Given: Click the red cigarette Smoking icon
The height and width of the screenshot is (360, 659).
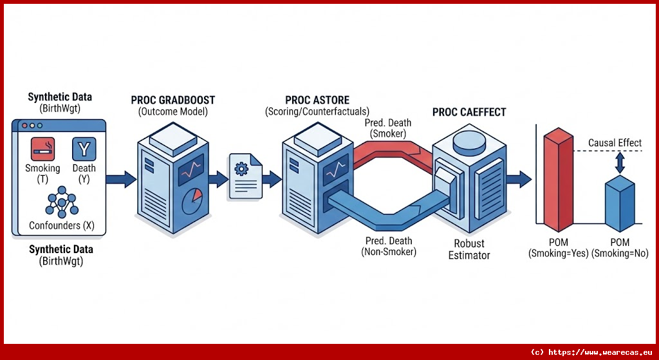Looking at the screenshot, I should click(x=43, y=149).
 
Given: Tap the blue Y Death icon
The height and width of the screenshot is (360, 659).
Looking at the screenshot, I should click(x=84, y=149).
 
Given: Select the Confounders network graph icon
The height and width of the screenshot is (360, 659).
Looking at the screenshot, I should click(x=62, y=202).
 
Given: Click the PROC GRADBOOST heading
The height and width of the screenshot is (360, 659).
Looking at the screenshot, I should click(x=173, y=100).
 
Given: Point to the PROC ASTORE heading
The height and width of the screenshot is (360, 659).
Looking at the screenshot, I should click(x=317, y=100).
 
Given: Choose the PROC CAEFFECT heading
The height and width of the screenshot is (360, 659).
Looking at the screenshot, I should click(x=469, y=112).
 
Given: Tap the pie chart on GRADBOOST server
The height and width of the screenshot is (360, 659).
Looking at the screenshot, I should click(x=193, y=201).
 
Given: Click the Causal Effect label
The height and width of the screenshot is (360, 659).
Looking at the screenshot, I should click(x=615, y=143).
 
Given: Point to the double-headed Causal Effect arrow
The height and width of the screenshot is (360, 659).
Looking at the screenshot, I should click(x=620, y=163).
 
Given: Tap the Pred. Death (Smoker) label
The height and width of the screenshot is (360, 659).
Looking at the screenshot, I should click(x=388, y=128).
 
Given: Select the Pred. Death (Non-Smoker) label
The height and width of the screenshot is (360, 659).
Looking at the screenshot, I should click(x=388, y=246).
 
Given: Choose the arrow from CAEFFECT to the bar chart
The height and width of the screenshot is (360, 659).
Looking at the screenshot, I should click(x=519, y=178).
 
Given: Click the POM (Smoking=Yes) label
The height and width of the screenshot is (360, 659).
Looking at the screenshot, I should click(x=558, y=248).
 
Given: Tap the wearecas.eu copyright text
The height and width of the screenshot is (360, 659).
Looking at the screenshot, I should click(x=590, y=352).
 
